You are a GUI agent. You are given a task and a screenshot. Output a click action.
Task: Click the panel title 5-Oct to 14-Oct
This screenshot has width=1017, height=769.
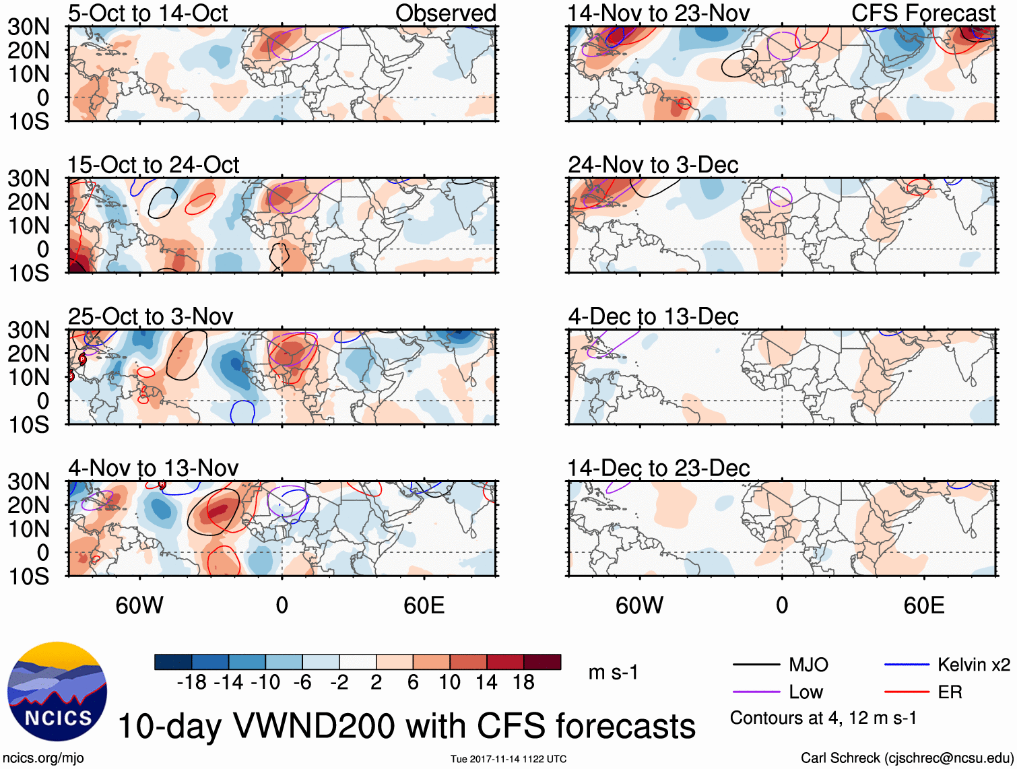pos(147,13)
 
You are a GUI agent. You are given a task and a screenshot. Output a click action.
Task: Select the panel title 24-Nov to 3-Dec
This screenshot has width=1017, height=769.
pos(653,165)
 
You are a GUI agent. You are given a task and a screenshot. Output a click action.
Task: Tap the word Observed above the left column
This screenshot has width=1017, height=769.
pos(445,13)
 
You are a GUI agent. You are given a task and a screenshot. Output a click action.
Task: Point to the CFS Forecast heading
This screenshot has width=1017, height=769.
pos(923,13)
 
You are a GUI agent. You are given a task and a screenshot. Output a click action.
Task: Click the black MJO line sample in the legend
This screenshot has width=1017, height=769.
pos(756,665)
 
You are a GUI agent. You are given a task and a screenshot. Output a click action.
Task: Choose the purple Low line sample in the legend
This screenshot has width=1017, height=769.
pos(756,692)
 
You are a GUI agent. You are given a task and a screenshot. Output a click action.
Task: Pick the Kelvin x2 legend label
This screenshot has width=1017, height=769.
pos(973,665)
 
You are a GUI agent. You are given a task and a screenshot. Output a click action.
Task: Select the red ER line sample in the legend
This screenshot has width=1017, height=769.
pos(907,692)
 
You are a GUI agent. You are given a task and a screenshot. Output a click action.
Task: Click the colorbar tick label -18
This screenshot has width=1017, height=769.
pos(191,683)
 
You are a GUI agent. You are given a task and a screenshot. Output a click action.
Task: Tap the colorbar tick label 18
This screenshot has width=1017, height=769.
pos(523,683)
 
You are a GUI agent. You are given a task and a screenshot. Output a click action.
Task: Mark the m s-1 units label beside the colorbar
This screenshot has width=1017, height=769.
pos(613,673)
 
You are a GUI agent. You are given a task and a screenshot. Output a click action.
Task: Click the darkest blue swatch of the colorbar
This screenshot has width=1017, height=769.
pos(172,662)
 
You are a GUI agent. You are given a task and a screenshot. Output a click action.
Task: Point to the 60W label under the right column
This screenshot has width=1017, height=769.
pos(639,605)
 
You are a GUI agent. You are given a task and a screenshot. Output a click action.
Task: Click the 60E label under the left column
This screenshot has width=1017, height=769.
pos(424,605)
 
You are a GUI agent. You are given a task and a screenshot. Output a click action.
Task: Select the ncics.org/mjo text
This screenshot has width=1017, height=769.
pos(43,758)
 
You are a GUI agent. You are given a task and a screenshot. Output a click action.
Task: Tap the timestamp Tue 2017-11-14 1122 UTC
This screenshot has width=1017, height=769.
pos(509,760)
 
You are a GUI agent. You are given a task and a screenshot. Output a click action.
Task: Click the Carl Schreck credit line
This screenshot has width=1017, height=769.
pos(907,758)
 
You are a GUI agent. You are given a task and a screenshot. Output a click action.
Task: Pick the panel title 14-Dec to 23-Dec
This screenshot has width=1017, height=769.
pos(658,468)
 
